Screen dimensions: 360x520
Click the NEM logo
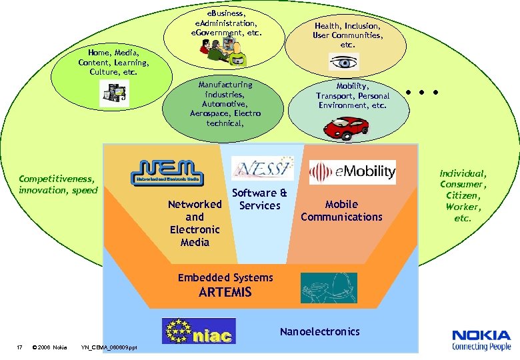(x=167, y=172)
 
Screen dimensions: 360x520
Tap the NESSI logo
(x=262, y=168)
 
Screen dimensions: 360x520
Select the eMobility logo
(x=352, y=172)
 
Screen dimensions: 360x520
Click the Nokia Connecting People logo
(x=481, y=340)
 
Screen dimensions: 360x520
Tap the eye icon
(x=344, y=62)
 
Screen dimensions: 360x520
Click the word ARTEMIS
(x=225, y=292)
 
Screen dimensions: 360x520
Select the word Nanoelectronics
(x=319, y=331)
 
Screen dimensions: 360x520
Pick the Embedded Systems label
(x=225, y=277)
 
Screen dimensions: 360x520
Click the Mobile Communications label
(x=341, y=211)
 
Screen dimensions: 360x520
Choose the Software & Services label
(x=259, y=199)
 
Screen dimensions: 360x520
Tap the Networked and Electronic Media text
(x=195, y=223)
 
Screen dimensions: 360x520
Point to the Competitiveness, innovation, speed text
(x=57, y=185)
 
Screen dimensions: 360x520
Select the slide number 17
(x=20, y=347)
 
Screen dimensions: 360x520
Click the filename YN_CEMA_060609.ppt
(x=109, y=347)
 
